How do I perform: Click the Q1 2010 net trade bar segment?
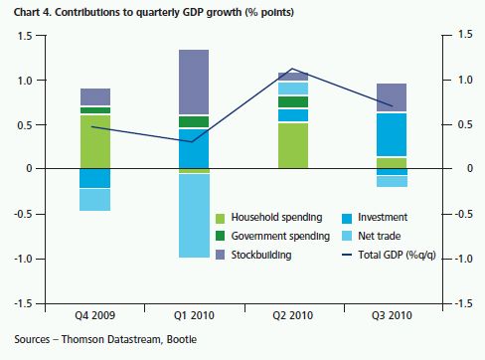click(x=194, y=216)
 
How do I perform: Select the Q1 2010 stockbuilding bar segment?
click(x=194, y=82)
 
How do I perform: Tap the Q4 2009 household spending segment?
click(x=95, y=142)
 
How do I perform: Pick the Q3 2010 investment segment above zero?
click(x=392, y=134)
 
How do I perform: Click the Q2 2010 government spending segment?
click(x=293, y=101)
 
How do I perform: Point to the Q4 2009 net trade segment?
click(x=95, y=200)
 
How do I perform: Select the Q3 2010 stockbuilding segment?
click(x=392, y=97)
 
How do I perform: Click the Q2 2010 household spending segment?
click(x=293, y=146)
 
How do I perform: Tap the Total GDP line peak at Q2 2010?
click(x=292, y=69)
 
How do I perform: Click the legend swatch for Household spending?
click(x=220, y=219)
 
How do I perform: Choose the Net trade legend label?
click(x=380, y=236)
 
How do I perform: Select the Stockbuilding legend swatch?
click(x=220, y=255)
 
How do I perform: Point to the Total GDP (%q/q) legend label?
click(x=397, y=255)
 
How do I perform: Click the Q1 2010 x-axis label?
click(x=194, y=315)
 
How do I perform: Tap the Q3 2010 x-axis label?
click(x=392, y=315)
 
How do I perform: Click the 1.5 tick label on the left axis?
click(x=24, y=36)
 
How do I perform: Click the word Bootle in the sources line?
click(x=182, y=339)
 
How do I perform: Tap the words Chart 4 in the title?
click(x=32, y=13)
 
